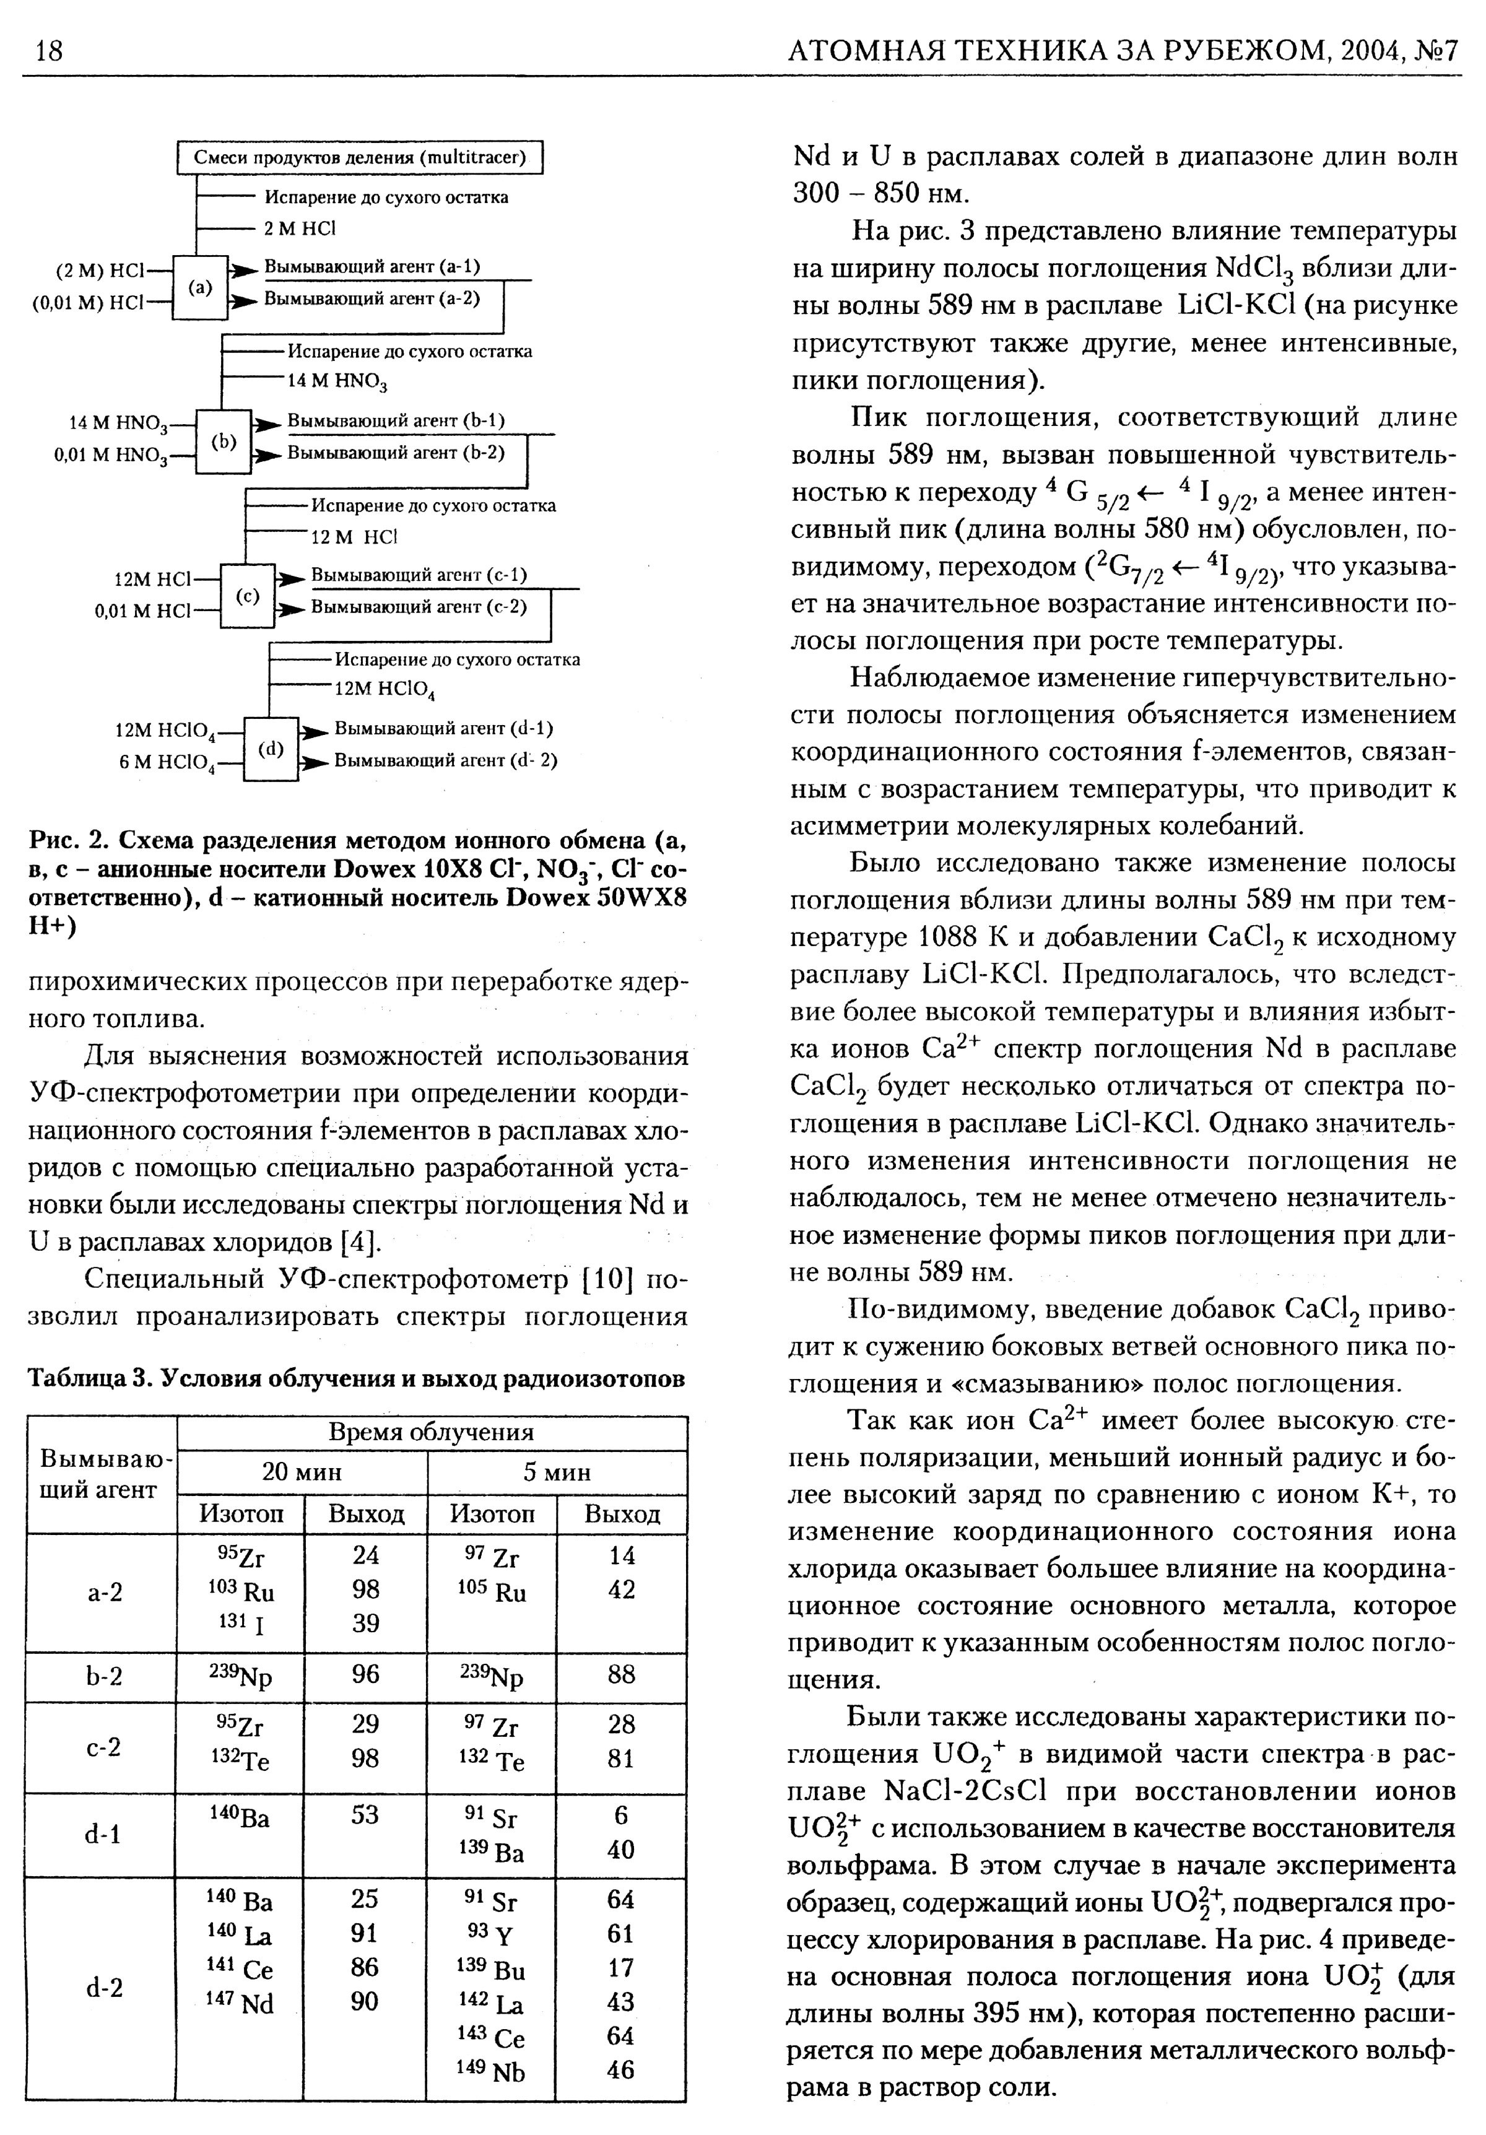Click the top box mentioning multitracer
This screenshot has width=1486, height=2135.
360,157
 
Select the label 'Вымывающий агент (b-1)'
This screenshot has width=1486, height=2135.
395,421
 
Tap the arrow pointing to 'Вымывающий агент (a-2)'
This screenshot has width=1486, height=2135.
243,302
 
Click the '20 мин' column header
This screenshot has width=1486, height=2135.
302,1472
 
